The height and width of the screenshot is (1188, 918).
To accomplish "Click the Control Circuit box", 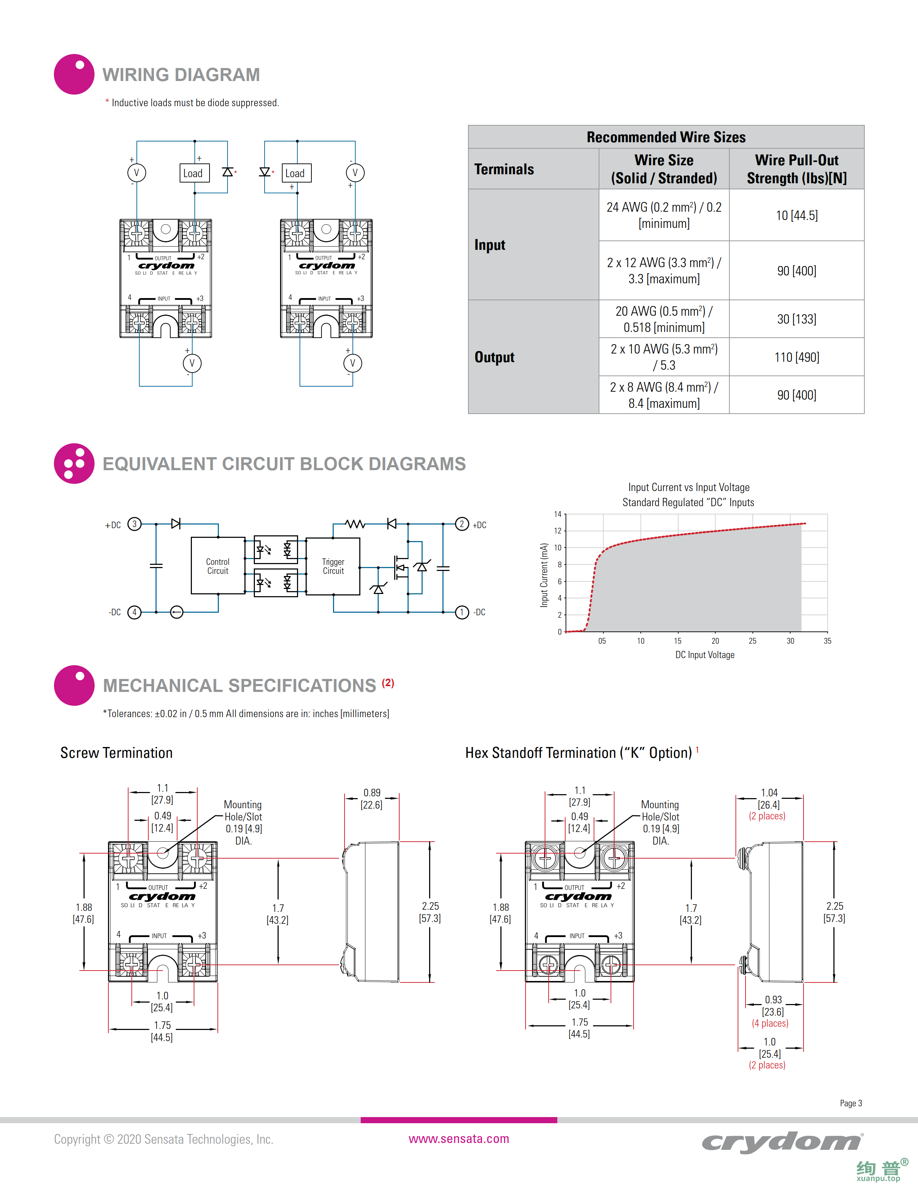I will point(217,566).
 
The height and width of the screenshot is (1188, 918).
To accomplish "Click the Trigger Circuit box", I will point(333,566).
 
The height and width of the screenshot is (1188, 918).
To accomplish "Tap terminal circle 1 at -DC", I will point(462,612).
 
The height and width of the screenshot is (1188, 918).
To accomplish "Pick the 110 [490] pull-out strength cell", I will point(796,357).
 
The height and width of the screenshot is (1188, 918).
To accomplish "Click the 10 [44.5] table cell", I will point(796,215).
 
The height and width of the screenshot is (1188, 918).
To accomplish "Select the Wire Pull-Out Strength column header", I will point(796,169).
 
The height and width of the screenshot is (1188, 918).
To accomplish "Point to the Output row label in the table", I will point(494,357).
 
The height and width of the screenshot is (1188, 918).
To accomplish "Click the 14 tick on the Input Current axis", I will point(557,514).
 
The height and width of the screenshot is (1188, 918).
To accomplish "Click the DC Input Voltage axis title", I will point(705,655).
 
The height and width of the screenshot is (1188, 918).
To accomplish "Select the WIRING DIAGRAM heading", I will point(181,75).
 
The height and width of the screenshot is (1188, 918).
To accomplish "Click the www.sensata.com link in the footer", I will point(458,1138).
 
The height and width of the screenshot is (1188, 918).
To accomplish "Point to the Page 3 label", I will point(851,1103).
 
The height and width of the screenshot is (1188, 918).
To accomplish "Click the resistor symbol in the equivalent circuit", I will point(355,524).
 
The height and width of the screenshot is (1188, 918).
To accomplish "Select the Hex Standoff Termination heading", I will point(578,753).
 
